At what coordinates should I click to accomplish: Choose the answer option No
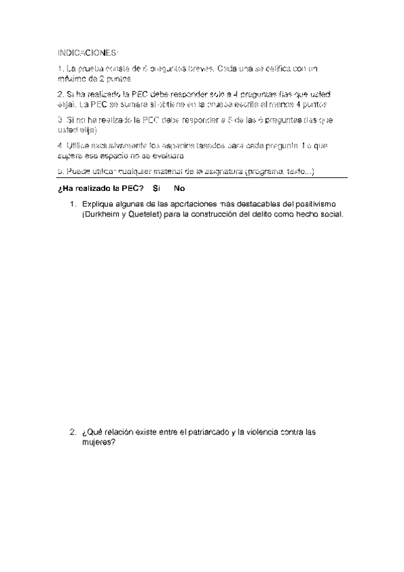coord(179,189)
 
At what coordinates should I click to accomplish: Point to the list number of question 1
coord(72,204)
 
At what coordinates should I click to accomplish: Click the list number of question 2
coord(72,432)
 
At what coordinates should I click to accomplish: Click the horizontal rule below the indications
coord(202,179)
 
